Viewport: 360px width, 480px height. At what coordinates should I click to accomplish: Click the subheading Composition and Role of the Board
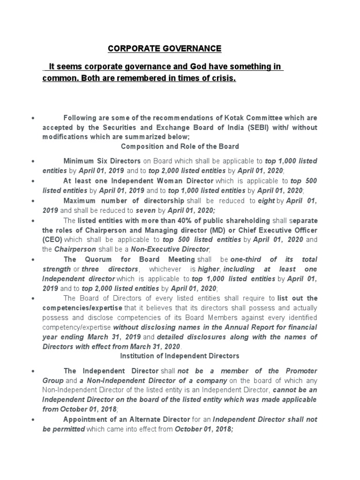point(180,146)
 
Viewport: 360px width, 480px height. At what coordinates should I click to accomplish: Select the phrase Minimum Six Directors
point(102,161)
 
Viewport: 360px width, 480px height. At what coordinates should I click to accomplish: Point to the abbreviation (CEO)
point(52,240)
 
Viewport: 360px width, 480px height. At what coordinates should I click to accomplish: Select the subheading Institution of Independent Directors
point(180,356)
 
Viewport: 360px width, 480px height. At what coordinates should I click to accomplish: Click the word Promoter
point(300,370)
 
